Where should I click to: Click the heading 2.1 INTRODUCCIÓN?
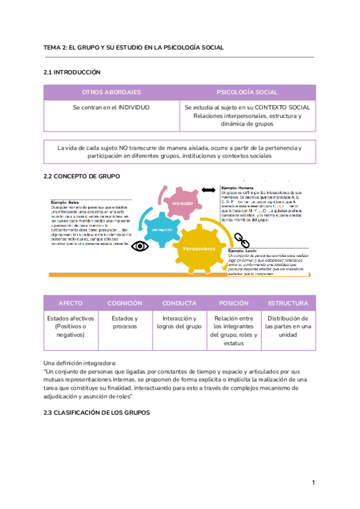pyautogui.click(x=72, y=72)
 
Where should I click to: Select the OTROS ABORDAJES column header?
pyautogui.click(x=112, y=92)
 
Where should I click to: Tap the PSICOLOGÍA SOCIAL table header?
pyautogui.click(x=247, y=92)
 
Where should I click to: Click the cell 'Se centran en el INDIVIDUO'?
pyautogui.click(x=112, y=107)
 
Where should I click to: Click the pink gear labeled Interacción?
pyautogui.click(x=182, y=203)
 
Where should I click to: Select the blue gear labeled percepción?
pyautogui.click(x=162, y=229)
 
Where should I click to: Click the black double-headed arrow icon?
pyautogui.click(x=209, y=190)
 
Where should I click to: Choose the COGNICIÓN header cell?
pyautogui.click(x=125, y=303)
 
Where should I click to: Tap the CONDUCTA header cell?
pyautogui.click(x=179, y=303)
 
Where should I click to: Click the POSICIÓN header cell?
pyautogui.click(x=233, y=303)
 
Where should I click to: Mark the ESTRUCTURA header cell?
pyautogui.click(x=288, y=303)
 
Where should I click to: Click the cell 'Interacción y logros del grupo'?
pyautogui.click(x=179, y=322)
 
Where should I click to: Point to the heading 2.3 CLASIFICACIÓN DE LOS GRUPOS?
pyautogui.click(x=97, y=412)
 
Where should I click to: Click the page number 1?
pyautogui.click(x=313, y=483)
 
